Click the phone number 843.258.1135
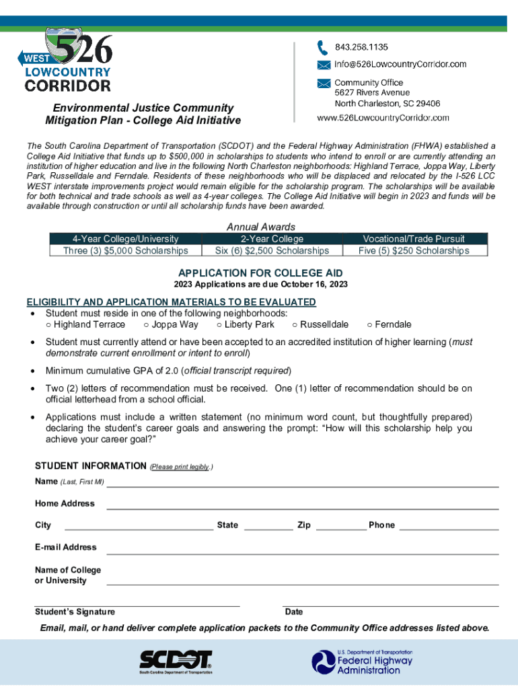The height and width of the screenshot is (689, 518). point(361,47)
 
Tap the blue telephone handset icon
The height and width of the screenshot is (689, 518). point(323,48)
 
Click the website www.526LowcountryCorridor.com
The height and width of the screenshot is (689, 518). point(383,118)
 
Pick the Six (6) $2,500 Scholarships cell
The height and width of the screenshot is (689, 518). point(272,251)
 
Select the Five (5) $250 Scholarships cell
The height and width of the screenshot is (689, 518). point(414,251)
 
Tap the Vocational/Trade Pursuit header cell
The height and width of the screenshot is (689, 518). point(414,239)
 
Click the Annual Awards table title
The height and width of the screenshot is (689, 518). point(261,227)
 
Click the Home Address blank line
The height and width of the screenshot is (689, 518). point(302,505)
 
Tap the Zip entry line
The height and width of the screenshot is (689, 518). point(340,527)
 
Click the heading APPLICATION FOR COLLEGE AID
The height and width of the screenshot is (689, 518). point(260,273)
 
